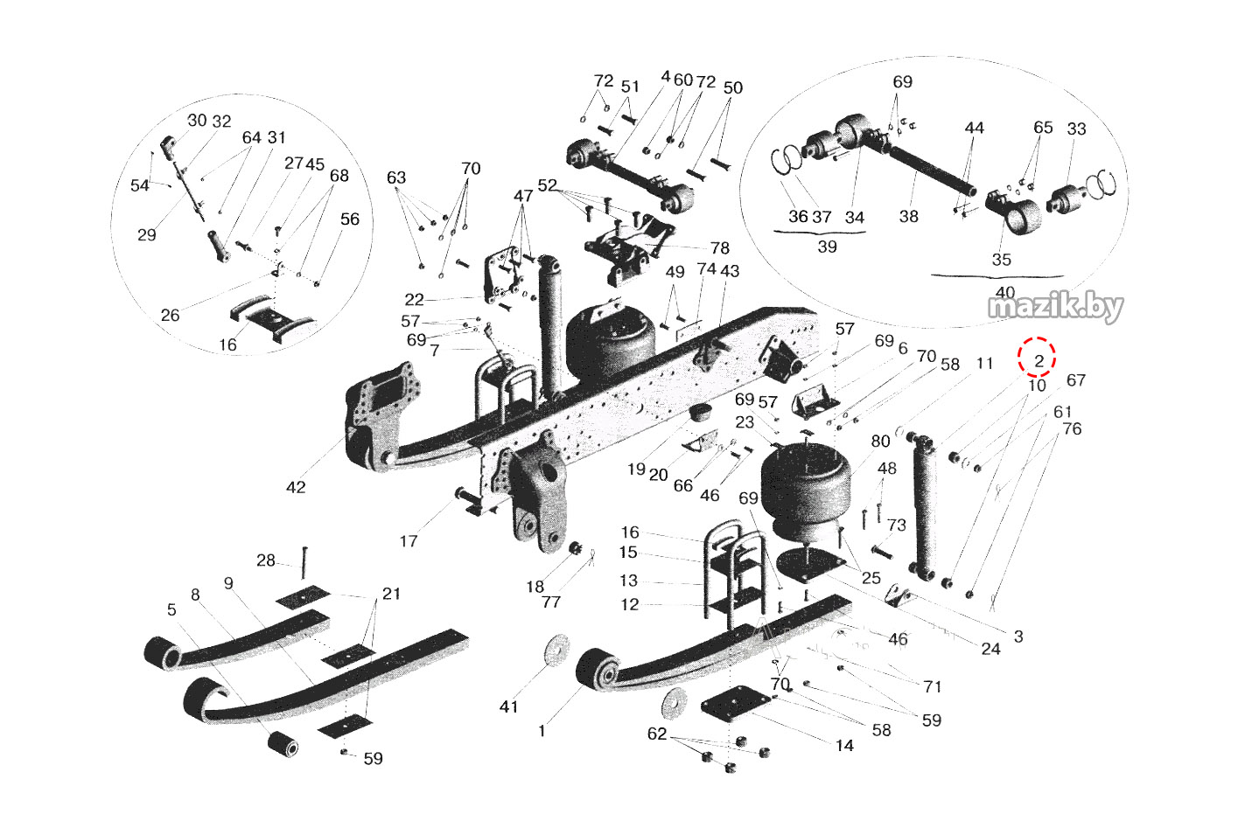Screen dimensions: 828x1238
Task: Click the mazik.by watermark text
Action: [1055, 307]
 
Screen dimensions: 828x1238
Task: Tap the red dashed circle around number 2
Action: [1038, 358]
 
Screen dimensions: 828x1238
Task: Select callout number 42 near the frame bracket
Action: [296, 487]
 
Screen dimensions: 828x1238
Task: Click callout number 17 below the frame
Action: [409, 541]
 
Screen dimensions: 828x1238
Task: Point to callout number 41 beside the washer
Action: [508, 706]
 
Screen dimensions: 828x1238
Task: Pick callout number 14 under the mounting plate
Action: [844, 745]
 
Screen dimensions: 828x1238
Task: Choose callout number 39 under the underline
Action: [827, 247]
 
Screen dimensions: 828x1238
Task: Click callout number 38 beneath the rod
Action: [909, 216]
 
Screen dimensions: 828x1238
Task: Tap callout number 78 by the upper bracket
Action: [719, 248]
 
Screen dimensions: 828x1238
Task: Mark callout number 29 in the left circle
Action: [147, 234]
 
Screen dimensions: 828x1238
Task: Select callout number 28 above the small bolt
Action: [266, 560]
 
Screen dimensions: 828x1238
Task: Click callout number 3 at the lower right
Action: [1018, 637]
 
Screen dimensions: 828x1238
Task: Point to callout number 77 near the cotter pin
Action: [550, 602]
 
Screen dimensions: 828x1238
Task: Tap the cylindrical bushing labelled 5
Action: [283, 745]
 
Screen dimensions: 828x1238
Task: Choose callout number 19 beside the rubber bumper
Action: [636, 470]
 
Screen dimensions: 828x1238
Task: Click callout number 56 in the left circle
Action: [350, 219]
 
